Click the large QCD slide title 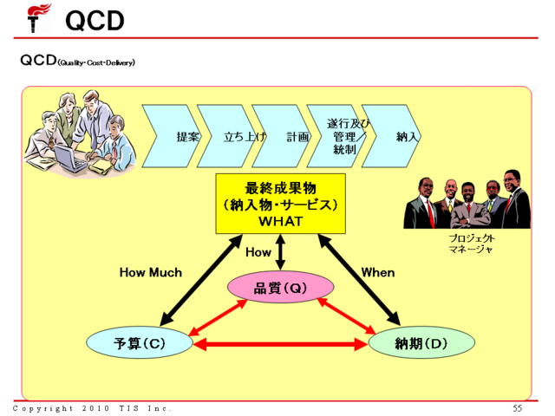(95, 19)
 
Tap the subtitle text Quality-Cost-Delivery (96, 62)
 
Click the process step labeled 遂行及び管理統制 (344, 136)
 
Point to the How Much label (150, 272)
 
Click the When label (378, 272)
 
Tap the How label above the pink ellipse (258, 252)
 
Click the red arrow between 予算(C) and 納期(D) (280, 344)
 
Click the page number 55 (518, 407)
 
